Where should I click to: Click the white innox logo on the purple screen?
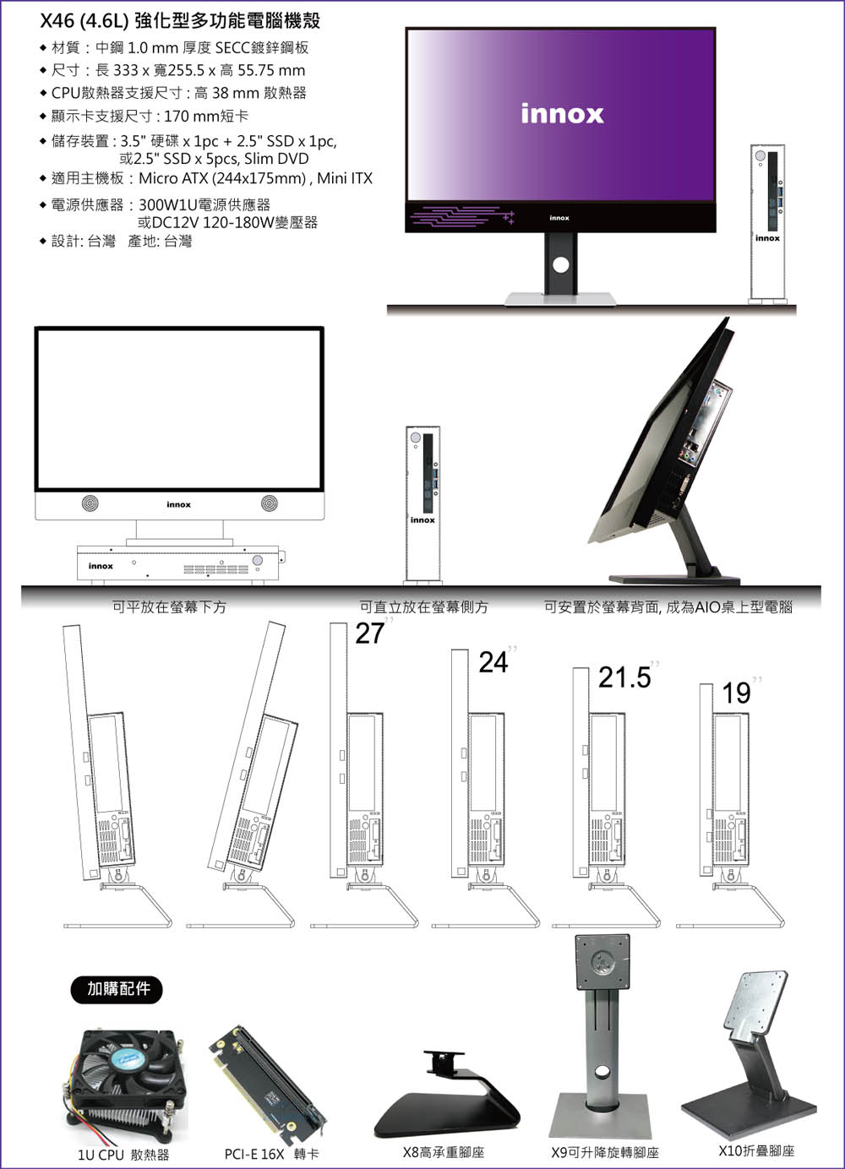[562, 114]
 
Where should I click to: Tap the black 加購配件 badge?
[117, 988]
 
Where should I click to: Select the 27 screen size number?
[370, 633]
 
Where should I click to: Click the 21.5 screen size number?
[624, 677]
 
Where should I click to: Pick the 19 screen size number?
[736, 693]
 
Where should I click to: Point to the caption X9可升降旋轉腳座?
[605, 1152]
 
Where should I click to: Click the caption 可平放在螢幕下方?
[170, 607]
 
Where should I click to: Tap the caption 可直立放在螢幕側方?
[423, 607]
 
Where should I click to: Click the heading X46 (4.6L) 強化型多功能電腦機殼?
[180, 21]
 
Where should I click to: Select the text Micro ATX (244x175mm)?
[222, 178]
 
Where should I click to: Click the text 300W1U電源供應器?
[204, 204]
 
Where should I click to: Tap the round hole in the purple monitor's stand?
[561, 264]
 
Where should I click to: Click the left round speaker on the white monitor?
[90, 503]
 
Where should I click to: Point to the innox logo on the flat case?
[101, 566]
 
